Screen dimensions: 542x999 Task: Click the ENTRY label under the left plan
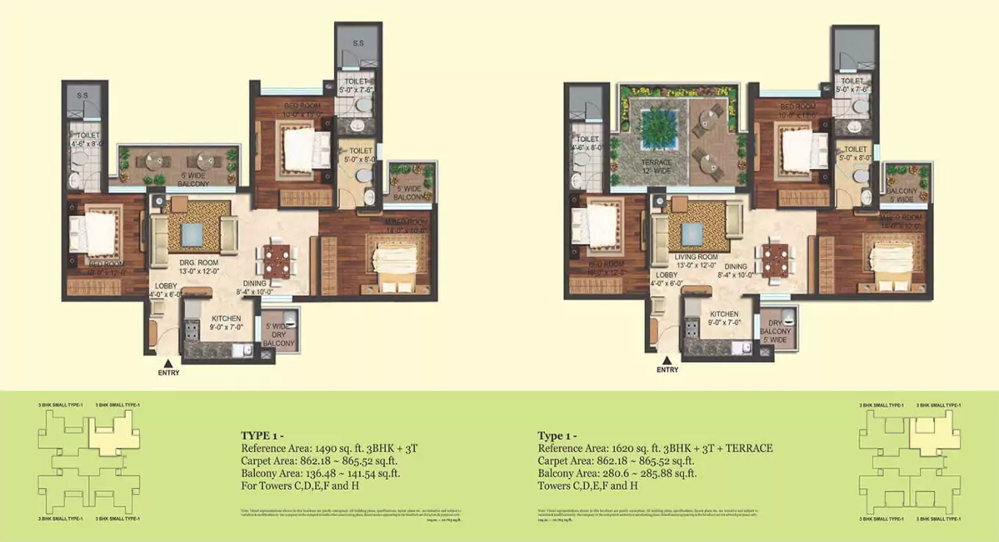point(168,372)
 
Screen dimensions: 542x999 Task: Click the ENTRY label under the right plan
point(667,369)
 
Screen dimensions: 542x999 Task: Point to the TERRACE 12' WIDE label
point(656,167)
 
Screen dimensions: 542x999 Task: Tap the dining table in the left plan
point(276,261)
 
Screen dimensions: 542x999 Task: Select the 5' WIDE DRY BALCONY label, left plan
point(279,335)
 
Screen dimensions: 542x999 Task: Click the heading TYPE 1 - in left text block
point(262,435)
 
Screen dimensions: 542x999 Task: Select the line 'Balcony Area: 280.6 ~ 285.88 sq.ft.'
point(617,474)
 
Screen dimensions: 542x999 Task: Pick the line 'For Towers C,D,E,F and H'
point(299,486)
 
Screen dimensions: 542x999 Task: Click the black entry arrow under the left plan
point(168,362)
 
